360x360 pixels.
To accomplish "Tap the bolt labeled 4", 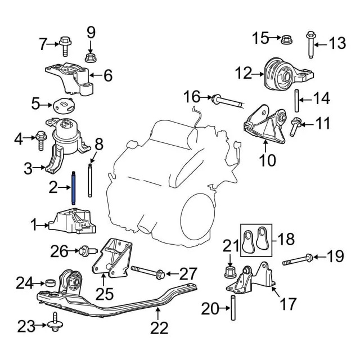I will click(x=40, y=138).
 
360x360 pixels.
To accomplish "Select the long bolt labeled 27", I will click(x=148, y=272).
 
